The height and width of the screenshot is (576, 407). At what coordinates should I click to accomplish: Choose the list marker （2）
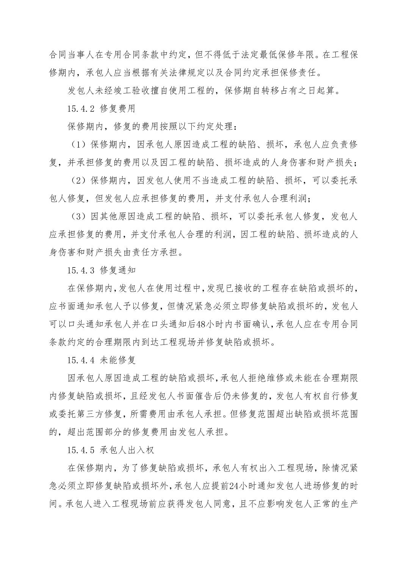coord(78,180)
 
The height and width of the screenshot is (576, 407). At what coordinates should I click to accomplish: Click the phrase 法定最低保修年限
coord(277,55)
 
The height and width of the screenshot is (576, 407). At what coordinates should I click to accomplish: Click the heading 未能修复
coord(118,360)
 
